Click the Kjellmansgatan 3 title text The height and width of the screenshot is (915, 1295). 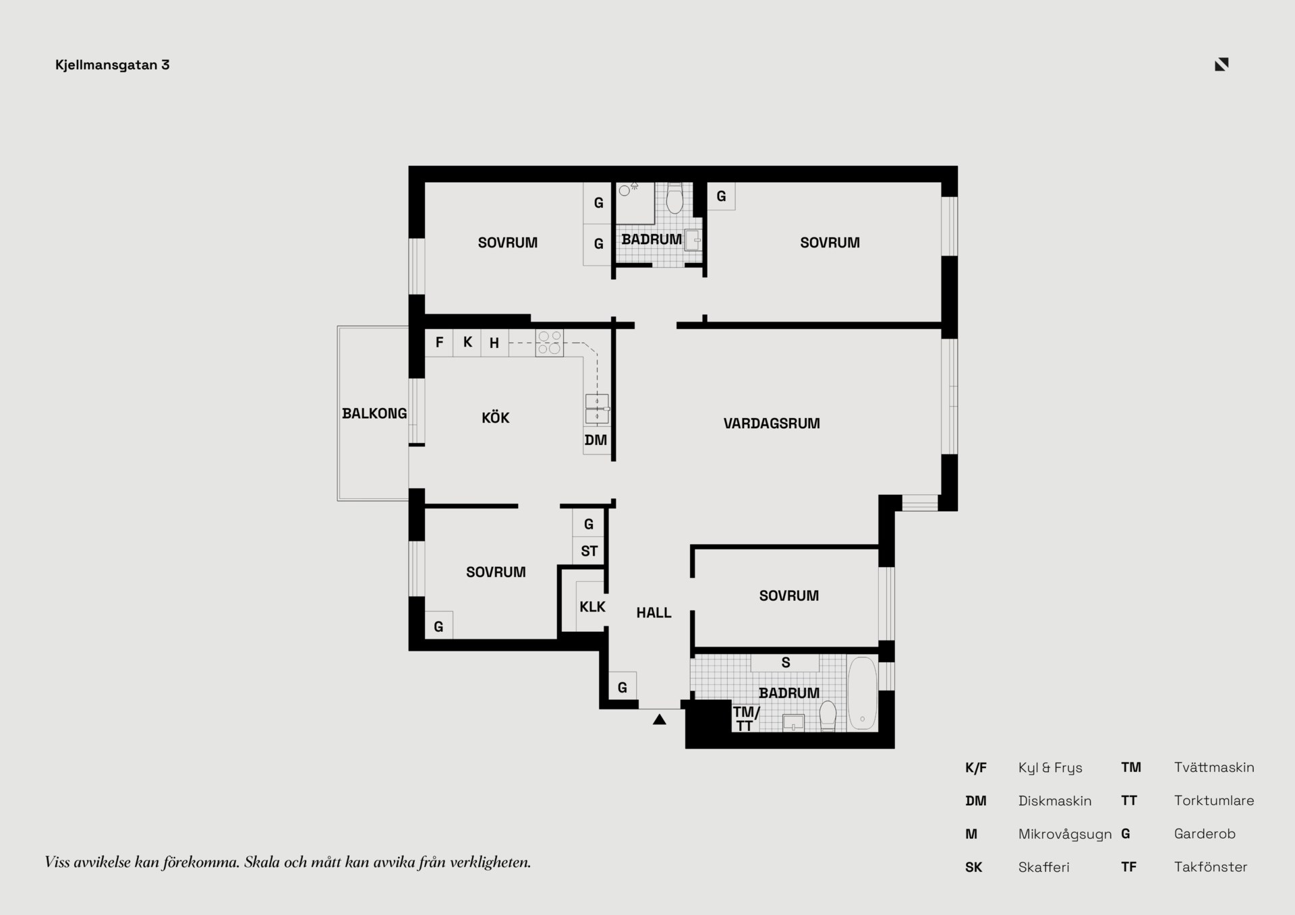(112, 65)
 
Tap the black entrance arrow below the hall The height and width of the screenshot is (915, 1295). (660, 719)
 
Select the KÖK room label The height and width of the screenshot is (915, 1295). (496, 418)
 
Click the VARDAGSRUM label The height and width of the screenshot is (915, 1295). (772, 423)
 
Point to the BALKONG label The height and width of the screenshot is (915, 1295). (374, 413)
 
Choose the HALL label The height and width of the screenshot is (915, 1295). (654, 612)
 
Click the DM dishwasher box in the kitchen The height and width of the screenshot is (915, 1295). (596, 440)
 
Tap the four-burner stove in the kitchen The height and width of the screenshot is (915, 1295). (550, 343)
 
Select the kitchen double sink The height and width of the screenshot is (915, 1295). (597, 409)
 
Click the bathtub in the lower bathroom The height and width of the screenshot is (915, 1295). (862, 694)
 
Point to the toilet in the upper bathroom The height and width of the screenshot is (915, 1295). (674, 198)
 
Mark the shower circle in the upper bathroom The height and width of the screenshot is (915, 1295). (625, 191)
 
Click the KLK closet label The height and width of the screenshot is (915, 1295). (592, 607)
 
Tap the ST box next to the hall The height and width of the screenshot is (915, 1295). (589, 551)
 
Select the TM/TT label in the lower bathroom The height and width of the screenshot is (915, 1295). (745, 719)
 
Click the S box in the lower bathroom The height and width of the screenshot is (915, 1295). (785, 663)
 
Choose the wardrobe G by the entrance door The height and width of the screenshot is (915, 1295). (623, 687)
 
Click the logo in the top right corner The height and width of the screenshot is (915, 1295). (1221, 64)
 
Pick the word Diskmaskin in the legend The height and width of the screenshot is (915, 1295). (1055, 801)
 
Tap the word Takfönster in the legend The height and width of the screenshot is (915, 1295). (1211, 867)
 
